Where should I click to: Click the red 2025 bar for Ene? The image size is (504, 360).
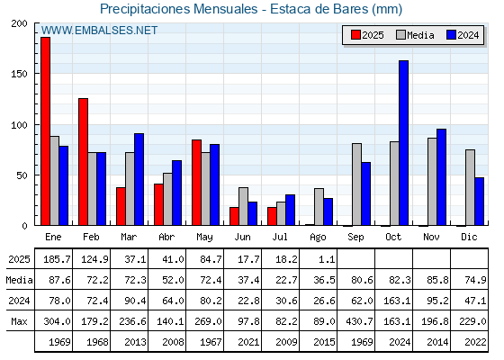pyautogui.click(x=45, y=131)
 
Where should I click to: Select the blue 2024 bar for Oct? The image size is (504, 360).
pyautogui.click(x=404, y=143)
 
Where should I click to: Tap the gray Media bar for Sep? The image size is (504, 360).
pyautogui.click(x=356, y=184)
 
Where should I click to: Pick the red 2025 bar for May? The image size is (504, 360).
pyautogui.click(x=197, y=183)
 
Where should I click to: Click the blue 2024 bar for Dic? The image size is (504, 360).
pyautogui.click(x=479, y=202)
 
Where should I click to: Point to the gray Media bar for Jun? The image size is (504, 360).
pyautogui.click(x=243, y=206)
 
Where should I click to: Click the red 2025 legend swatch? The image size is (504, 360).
pyautogui.click(x=355, y=35)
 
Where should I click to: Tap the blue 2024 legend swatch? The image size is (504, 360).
pyautogui.click(x=451, y=35)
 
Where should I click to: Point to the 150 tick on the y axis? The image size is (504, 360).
pyautogui.click(x=19, y=74)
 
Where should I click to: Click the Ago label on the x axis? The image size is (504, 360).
pyautogui.click(x=318, y=238)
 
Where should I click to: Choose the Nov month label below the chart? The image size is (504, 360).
pyautogui.click(x=431, y=237)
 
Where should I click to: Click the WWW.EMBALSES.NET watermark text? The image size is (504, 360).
pyautogui.click(x=99, y=31)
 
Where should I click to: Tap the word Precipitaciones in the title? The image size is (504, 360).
pyautogui.click(x=145, y=9)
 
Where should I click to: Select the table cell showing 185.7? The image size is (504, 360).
pyautogui.click(x=57, y=259)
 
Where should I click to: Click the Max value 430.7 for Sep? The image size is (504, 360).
pyautogui.click(x=359, y=321)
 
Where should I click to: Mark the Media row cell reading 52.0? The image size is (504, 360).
pyautogui.click(x=173, y=280)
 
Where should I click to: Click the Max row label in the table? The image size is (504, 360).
pyautogui.click(x=19, y=321)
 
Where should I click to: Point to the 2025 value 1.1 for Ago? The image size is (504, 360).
pyautogui.click(x=327, y=259)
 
